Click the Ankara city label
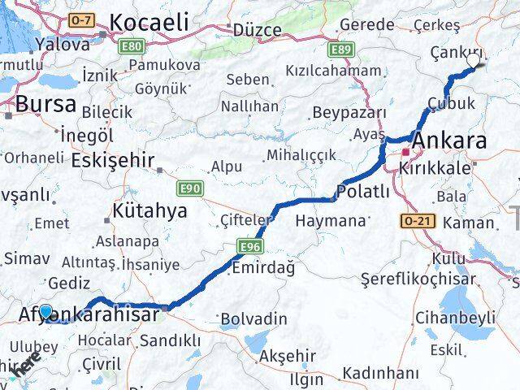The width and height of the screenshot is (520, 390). tap(449, 141)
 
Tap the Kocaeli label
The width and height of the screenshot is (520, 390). tap(149, 22)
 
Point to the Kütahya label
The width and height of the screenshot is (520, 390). tap(150, 211)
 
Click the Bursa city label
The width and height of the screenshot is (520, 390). tap(46, 103)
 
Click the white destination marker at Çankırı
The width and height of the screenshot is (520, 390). tap(474, 59)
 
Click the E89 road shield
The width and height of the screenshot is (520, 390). tap(340, 50)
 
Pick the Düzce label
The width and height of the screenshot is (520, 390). tap(258, 30)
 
